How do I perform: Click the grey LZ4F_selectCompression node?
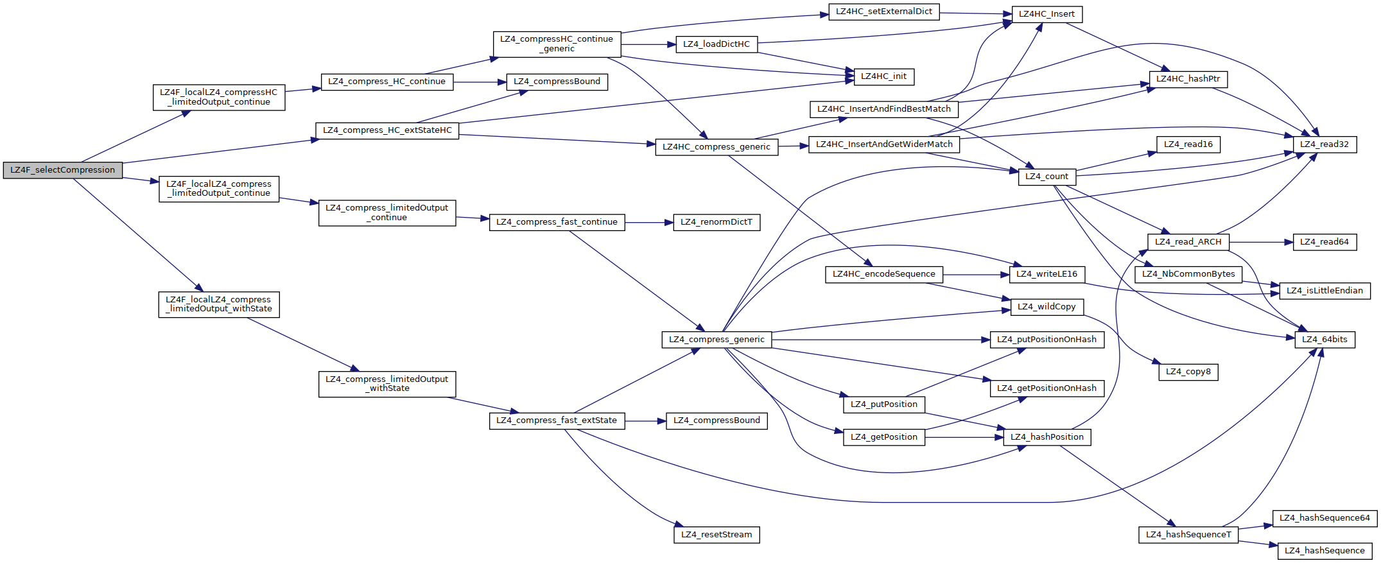click(x=62, y=170)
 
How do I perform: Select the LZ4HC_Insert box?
click(x=1047, y=14)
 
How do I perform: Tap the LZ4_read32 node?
click(x=1324, y=144)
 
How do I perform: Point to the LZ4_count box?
click(x=1047, y=177)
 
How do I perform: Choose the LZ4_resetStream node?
click(x=717, y=535)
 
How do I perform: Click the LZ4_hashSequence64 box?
click(x=1325, y=518)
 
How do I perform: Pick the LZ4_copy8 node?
click(x=1188, y=372)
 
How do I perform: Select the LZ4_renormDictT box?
click(x=717, y=222)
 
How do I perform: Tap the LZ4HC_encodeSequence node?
click(x=883, y=274)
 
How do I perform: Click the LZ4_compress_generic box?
click(x=717, y=340)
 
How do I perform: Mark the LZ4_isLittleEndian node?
click(x=1325, y=291)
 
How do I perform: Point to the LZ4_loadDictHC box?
click(x=717, y=44)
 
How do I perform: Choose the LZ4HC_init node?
click(x=883, y=76)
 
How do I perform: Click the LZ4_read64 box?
click(x=1324, y=242)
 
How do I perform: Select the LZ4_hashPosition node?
click(x=1047, y=437)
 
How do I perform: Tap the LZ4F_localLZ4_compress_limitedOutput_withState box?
click(x=219, y=304)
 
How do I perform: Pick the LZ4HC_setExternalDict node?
click(x=883, y=12)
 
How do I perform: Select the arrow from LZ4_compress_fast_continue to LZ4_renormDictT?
click(x=648, y=222)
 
